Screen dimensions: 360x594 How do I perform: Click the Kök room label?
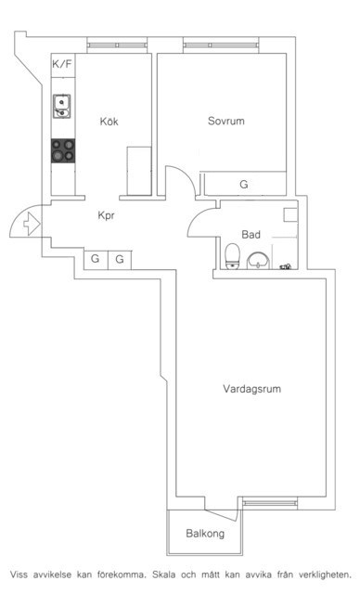[x=109, y=122]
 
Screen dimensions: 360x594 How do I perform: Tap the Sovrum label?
[x=226, y=121]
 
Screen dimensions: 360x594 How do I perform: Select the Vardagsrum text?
[x=251, y=389]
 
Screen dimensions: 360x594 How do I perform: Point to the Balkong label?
[x=205, y=534]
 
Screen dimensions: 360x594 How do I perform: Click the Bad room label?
[x=251, y=235]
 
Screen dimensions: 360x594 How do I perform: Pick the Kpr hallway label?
[x=106, y=215]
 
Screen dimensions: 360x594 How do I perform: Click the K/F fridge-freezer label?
[x=62, y=64]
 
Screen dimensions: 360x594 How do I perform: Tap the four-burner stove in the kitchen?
[x=63, y=150]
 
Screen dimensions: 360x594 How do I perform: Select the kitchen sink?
[x=62, y=107]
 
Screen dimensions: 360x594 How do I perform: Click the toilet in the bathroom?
[x=233, y=256]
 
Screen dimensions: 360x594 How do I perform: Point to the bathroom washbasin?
[x=258, y=261]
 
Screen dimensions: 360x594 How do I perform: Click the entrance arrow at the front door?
[x=32, y=224]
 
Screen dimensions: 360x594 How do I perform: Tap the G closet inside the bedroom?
[x=244, y=185]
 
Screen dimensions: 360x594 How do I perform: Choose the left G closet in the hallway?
[x=96, y=259]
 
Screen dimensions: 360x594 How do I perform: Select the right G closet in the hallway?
[x=120, y=259]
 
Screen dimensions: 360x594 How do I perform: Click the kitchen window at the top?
[x=117, y=45]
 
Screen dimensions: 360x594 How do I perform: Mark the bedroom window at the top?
[x=222, y=45]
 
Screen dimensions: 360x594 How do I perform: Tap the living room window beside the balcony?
[x=270, y=503]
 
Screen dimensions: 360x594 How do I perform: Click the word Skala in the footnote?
[x=164, y=575]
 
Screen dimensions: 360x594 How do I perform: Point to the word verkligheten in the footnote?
[x=325, y=575]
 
